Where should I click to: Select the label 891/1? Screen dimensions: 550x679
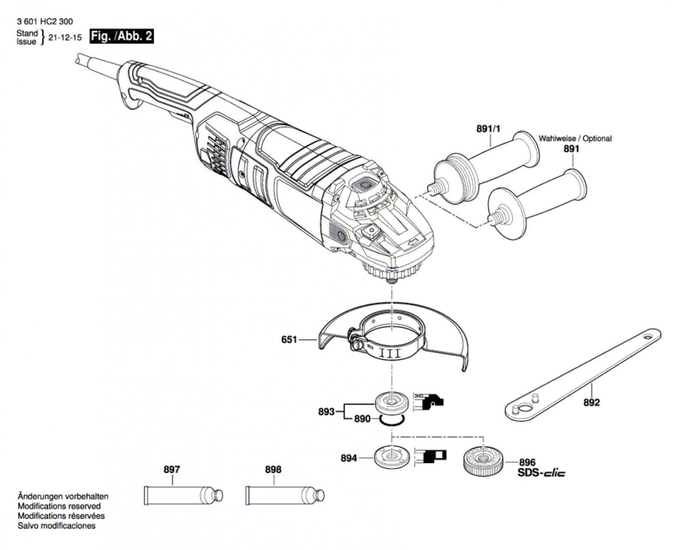click(488, 128)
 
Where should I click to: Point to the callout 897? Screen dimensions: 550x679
click(171, 469)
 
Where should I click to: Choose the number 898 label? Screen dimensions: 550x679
click(273, 469)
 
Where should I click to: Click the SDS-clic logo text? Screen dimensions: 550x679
click(541, 473)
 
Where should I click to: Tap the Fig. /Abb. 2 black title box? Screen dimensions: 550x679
click(121, 36)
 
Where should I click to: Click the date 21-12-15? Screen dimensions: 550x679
click(65, 37)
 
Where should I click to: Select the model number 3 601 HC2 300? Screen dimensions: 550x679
click(45, 22)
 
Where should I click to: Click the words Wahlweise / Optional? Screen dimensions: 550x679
click(575, 138)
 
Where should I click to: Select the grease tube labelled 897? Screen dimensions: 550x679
click(182, 496)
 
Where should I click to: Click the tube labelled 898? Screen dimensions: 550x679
click(284, 496)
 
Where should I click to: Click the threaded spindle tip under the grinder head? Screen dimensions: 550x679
click(391, 277)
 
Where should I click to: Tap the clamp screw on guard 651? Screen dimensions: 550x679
click(354, 339)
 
